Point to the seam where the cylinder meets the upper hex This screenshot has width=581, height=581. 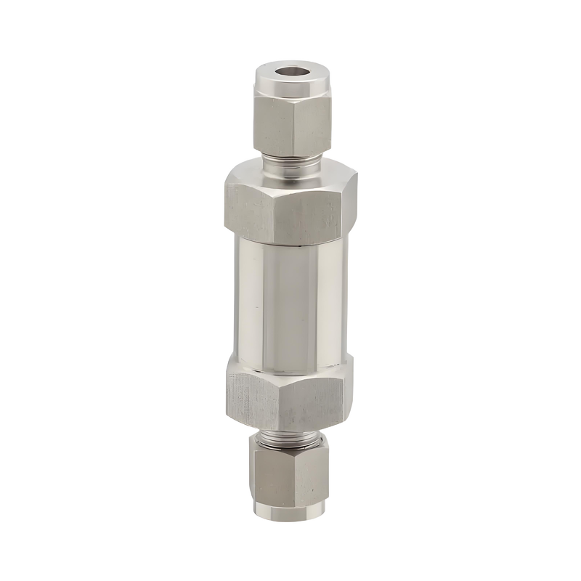point(290,242)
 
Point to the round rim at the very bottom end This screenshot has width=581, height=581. point(289,510)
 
